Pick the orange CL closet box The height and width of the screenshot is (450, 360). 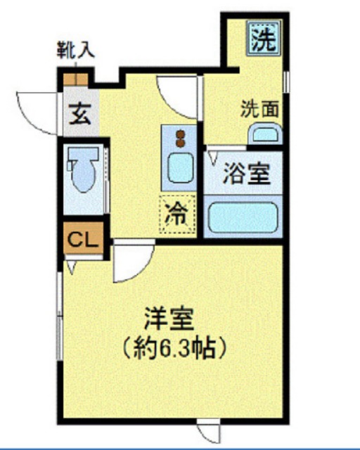point(82,239)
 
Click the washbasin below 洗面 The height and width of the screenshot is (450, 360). point(264,134)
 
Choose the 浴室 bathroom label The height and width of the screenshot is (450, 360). point(247,173)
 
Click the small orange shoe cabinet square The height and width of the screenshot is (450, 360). point(75,78)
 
